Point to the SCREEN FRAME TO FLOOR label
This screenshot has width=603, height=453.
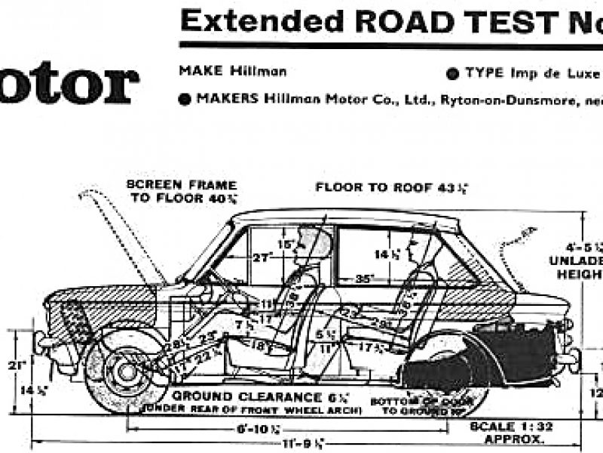click(x=182, y=192)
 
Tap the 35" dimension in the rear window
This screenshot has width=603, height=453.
click(x=364, y=278)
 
